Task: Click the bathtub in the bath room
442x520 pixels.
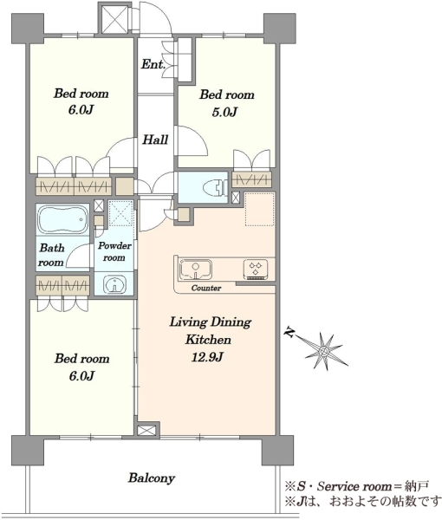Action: (x=62, y=219)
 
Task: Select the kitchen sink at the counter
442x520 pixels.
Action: (x=196, y=270)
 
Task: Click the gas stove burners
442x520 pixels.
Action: (x=256, y=269)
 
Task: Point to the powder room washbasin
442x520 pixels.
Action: (x=114, y=284)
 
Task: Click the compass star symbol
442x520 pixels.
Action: (x=323, y=351)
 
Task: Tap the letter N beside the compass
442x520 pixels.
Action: (x=290, y=333)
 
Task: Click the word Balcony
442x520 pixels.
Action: (x=152, y=478)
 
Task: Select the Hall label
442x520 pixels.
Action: (x=155, y=140)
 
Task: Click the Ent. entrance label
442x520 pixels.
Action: (x=153, y=64)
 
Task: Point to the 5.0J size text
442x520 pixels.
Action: (x=224, y=112)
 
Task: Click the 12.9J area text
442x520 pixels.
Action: (x=207, y=357)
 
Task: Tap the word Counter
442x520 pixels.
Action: (x=206, y=288)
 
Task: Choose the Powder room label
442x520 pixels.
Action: (x=114, y=251)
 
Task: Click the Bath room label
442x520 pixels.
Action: (x=51, y=255)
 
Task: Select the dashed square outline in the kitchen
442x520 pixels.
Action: (x=260, y=209)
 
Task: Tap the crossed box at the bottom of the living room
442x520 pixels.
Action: (x=146, y=431)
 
